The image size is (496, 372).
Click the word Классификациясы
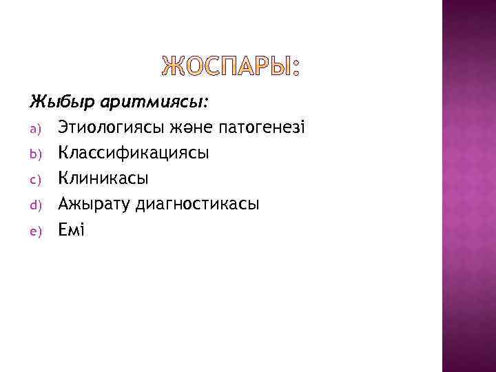[x=134, y=153]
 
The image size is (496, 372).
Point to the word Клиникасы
[x=103, y=178]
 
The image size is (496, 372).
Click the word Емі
[x=71, y=229]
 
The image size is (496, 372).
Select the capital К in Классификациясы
[x=64, y=153]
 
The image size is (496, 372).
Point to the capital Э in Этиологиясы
[x=64, y=127]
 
